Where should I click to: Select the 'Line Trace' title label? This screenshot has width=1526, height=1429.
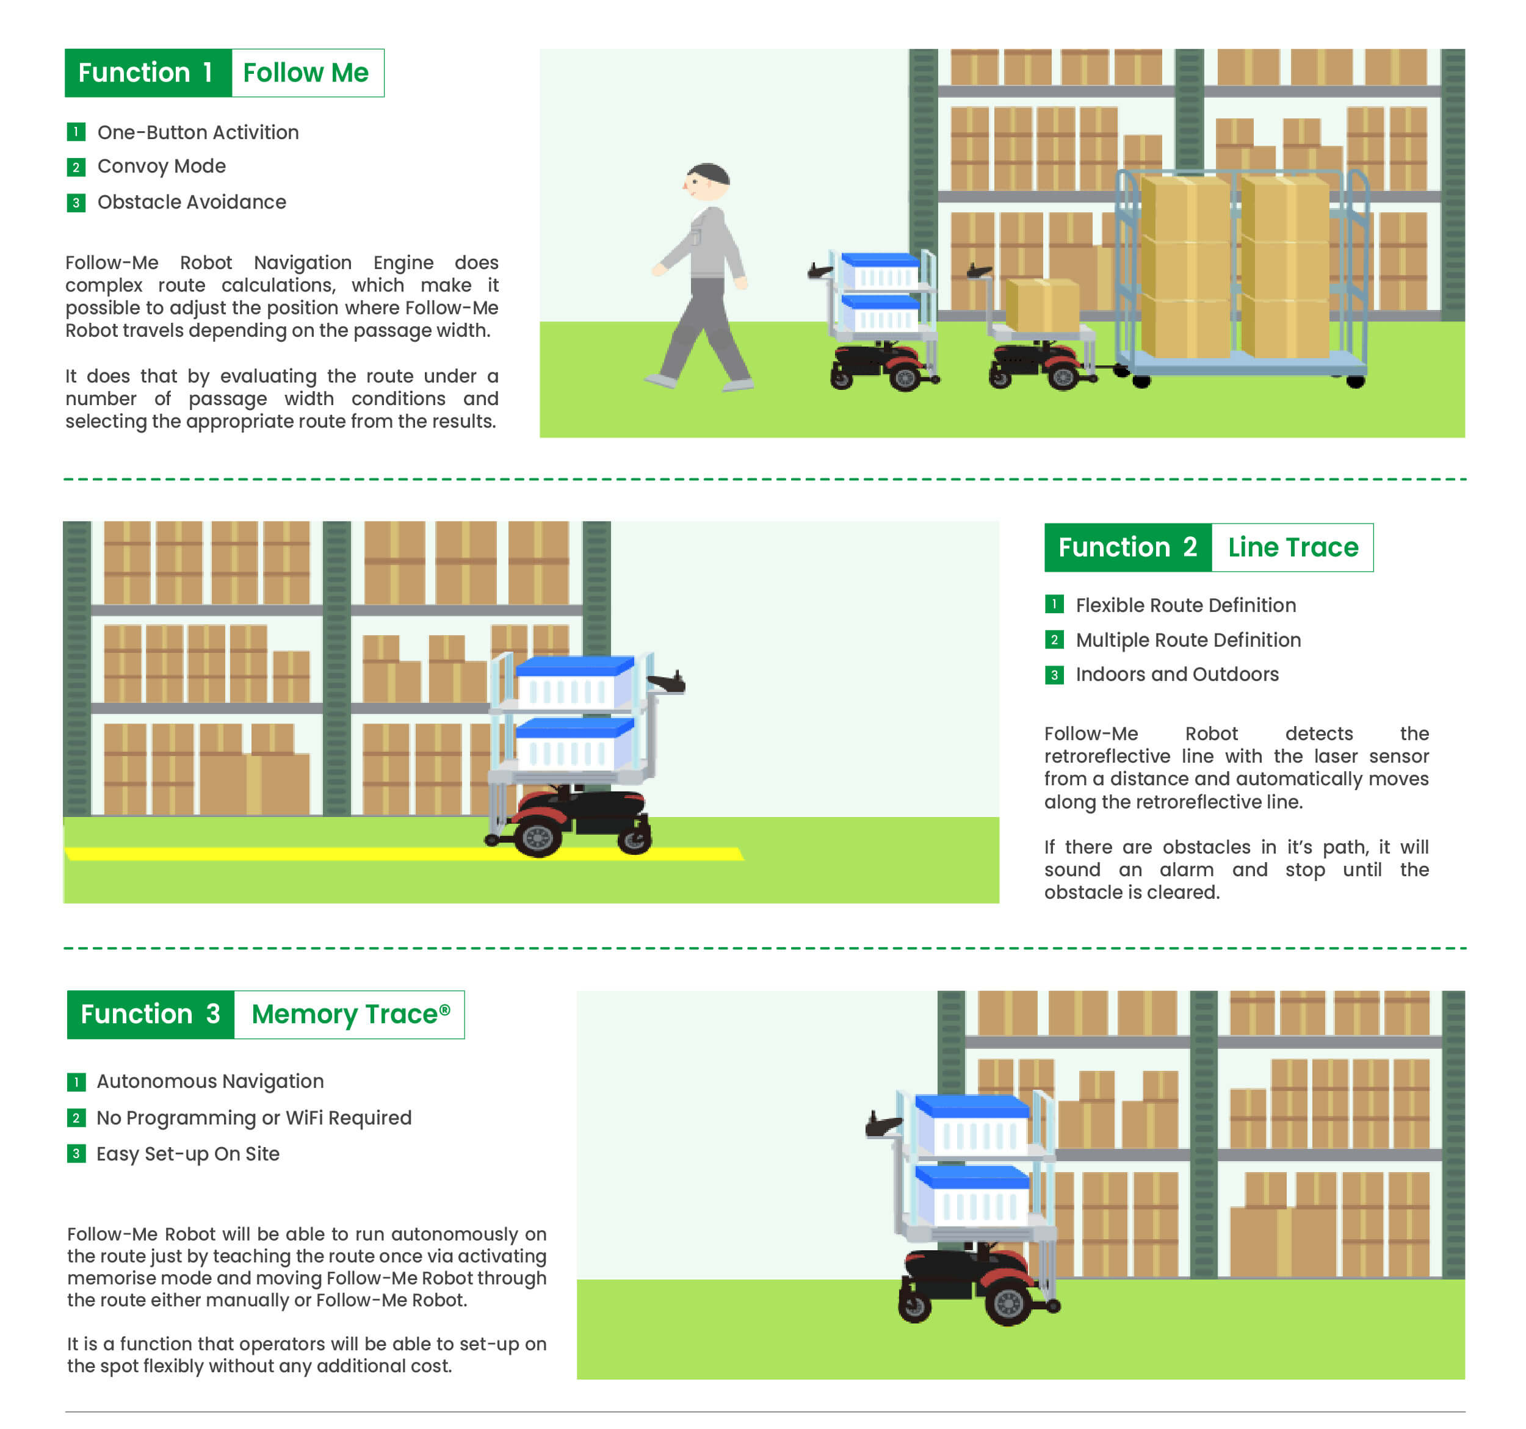[1293, 547]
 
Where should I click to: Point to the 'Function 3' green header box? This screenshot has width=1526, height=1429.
[150, 1014]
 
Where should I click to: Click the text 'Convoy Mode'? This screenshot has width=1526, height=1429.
[161, 167]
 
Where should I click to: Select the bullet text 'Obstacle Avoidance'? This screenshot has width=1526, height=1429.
[192, 202]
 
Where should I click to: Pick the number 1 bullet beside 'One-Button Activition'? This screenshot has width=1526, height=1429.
[76, 132]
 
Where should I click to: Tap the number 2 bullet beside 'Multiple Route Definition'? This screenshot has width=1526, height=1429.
[1054, 639]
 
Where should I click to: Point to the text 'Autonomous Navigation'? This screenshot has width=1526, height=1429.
[211, 1081]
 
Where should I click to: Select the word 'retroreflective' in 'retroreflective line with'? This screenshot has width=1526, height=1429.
[1107, 756]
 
